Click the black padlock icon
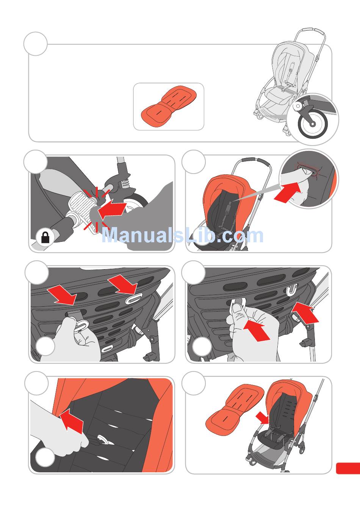click(45, 237)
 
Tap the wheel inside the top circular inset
click(313, 124)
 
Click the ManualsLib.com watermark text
click(182, 235)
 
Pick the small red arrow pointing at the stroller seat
click(262, 418)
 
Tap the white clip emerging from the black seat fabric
click(103, 440)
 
